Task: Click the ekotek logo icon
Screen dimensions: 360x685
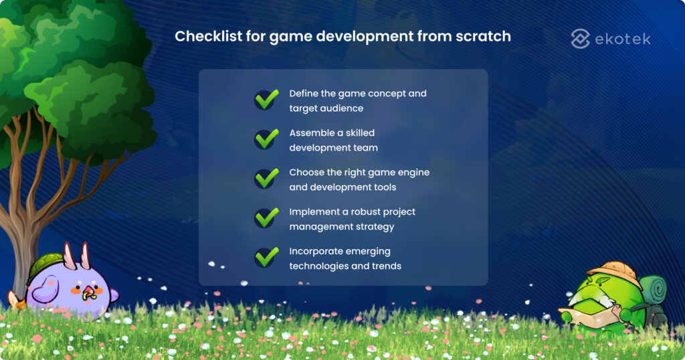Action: (580, 39)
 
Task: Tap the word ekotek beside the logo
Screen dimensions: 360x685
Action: (622, 39)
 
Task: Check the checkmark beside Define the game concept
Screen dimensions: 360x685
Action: (266, 100)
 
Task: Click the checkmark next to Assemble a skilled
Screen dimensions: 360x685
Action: (266, 139)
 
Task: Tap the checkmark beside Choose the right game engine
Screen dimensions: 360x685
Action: (266, 179)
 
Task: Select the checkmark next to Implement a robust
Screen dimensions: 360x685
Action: (266, 218)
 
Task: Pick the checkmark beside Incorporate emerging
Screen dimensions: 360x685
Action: (266, 258)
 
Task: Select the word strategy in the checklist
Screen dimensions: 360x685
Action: (375, 226)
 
